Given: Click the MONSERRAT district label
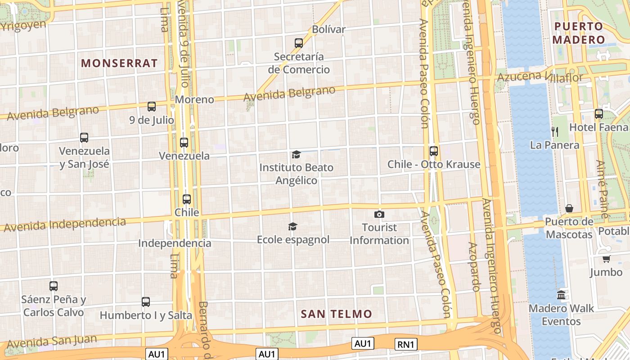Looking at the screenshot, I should coord(119,63).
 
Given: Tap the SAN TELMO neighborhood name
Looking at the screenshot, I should coord(337,314).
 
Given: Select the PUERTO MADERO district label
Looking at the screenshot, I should coord(578,33).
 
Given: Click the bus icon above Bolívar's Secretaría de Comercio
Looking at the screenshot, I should coord(299,43).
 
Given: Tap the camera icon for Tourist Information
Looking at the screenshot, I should coord(379,214).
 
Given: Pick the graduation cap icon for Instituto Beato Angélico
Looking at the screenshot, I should coord(296,155).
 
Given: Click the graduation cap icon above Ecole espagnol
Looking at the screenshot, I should coord(293,226).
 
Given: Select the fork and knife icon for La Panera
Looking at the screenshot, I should coord(555,131).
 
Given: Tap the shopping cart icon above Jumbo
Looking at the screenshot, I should coord(606,259).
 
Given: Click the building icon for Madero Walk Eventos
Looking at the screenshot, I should coord(561,295).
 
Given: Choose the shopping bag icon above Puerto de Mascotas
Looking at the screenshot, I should coord(569,208).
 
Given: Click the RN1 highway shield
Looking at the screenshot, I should coord(406,344).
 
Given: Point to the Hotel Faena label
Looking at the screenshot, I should coord(598,127).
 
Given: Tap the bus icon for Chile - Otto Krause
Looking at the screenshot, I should coord(434,151).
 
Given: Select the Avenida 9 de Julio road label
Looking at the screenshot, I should coord(184,45).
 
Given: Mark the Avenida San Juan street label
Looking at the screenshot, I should coord(52,341).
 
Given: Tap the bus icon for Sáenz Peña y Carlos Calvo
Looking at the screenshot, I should coord(54,286).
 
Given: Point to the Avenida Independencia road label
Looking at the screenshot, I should coord(65,224).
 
